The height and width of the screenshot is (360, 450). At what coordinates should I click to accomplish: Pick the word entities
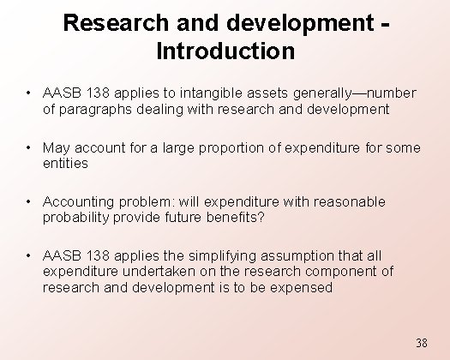point(65,163)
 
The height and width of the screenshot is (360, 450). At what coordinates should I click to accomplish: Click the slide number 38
point(421,343)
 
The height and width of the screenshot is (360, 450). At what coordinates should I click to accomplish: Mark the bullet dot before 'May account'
point(29,147)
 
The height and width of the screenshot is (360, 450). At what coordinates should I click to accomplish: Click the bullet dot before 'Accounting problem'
point(29,201)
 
